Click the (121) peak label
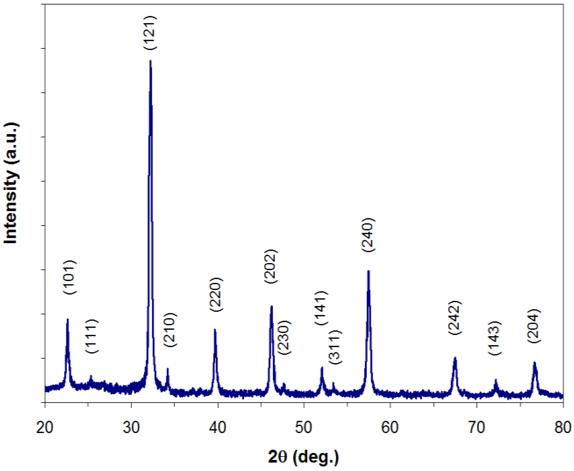[151, 33]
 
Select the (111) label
[92, 336]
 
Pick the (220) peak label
[216, 295]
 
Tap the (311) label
[335, 347]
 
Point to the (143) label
[495, 338]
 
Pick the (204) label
[534, 326]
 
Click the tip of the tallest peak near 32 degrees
[151, 61]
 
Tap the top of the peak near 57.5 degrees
[368, 271]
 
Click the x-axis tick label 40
[218, 428]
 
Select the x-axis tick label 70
[477, 428]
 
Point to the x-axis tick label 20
[45, 428]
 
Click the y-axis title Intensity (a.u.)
[11, 183]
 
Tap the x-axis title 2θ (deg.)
[303, 457]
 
